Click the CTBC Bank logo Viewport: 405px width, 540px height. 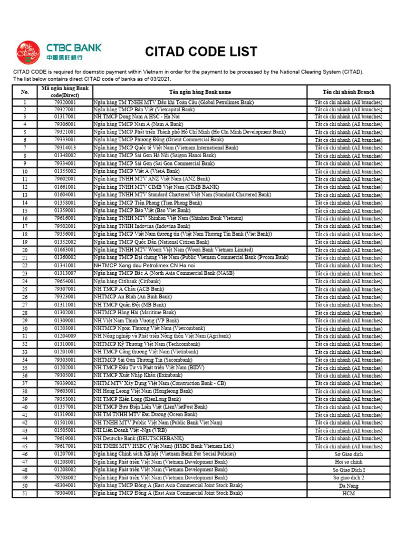pyautogui.click(x=59, y=53)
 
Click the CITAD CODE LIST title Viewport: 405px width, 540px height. pyautogui.click(x=201, y=52)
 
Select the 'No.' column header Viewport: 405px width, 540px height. pyautogui.click(x=25, y=92)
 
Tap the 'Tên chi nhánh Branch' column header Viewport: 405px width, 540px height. pyautogui.click(x=348, y=92)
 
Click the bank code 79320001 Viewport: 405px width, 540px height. pyautogui.click(x=65, y=101)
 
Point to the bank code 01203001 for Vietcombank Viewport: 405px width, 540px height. pyautogui.click(x=65, y=328)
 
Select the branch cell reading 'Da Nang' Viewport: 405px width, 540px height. pyautogui.click(x=348, y=485)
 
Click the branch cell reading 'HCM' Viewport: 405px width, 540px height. pyautogui.click(x=348, y=493)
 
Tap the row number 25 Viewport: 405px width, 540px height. pyautogui.click(x=25, y=290)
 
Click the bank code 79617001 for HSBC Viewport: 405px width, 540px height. pyautogui.click(x=65, y=446)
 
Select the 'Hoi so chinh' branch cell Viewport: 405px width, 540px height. pyautogui.click(x=348, y=462)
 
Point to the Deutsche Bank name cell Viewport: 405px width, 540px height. pyautogui.click(x=138, y=438)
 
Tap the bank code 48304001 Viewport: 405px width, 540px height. pyautogui.click(x=65, y=485)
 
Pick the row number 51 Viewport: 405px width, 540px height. pyautogui.click(x=25, y=494)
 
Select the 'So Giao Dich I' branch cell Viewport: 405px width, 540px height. pyautogui.click(x=348, y=469)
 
